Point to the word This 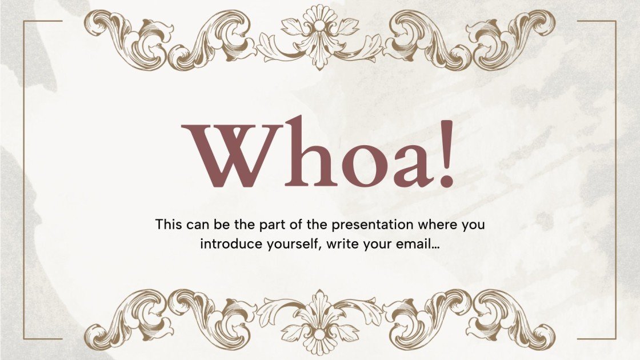point(169,224)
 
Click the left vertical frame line point(23,180)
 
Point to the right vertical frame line point(616,180)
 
